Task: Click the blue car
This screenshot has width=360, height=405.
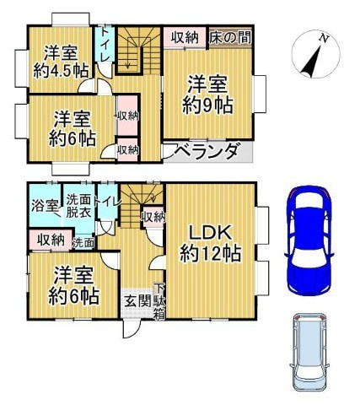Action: tap(309, 240)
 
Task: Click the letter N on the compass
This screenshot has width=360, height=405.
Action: tap(325, 38)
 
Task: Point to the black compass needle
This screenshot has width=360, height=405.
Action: tap(311, 62)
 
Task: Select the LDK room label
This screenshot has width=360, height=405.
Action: tap(210, 233)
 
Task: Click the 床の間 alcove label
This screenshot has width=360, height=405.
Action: tap(230, 37)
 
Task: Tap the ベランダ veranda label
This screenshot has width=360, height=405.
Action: tap(207, 151)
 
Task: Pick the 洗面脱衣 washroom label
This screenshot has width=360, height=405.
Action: tap(79, 206)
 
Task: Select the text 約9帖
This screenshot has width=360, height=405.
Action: tap(207, 105)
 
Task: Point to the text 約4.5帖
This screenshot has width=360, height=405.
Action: tap(61, 70)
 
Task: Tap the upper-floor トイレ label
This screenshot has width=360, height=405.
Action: tap(105, 44)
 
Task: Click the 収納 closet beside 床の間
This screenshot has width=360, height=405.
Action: tap(185, 37)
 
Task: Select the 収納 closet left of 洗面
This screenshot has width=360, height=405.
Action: tap(51, 240)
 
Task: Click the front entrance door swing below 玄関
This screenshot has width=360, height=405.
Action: tap(132, 328)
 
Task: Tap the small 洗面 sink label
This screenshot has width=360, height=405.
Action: tap(83, 243)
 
